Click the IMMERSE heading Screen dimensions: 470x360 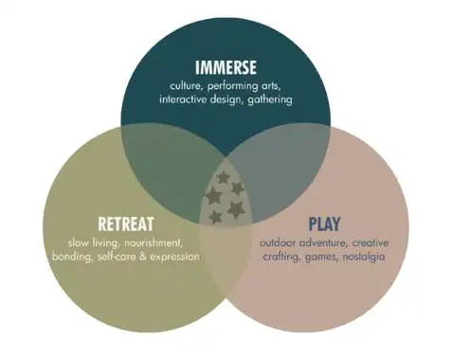[x=226, y=67]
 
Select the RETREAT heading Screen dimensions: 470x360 [x=126, y=224]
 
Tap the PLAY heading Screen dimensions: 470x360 [x=324, y=224]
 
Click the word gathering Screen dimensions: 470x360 [x=270, y=100]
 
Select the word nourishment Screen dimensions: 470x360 [x=154, y=243]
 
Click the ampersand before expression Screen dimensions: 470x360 [x=143, y=257]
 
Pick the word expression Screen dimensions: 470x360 [x=174, y=257]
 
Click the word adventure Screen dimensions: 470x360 [x=324, y=243]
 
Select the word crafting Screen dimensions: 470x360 [x=281, y=257]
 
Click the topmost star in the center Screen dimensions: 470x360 [x=224, y=177]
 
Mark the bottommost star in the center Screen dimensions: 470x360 [x=215, y=217]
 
